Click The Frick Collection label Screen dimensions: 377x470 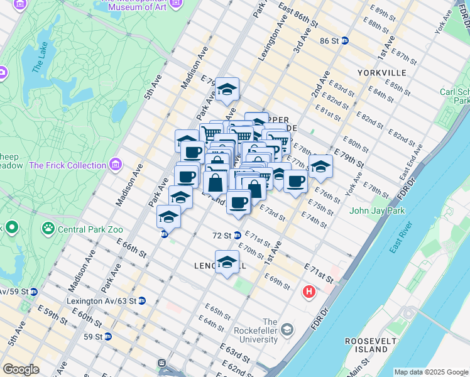[67, 165]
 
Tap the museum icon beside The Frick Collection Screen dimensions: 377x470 [115, 165]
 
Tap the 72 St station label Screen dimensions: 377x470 [222, 236]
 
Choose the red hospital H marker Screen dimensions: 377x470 [309, 292]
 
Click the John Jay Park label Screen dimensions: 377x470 [377, 211]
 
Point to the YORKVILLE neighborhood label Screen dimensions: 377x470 [381, 73]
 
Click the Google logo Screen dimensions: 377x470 [21, 369]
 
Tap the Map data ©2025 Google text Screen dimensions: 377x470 [431, 372]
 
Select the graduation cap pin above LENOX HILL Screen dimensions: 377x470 [227, 261]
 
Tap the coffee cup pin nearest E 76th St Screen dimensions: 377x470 [295, 182]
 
